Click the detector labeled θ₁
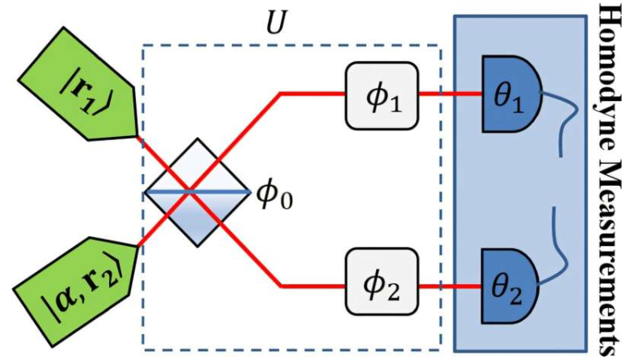(507, 94)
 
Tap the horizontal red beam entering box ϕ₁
(313, 94)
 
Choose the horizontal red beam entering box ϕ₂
(313, 287)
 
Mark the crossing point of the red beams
(190, 191)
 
